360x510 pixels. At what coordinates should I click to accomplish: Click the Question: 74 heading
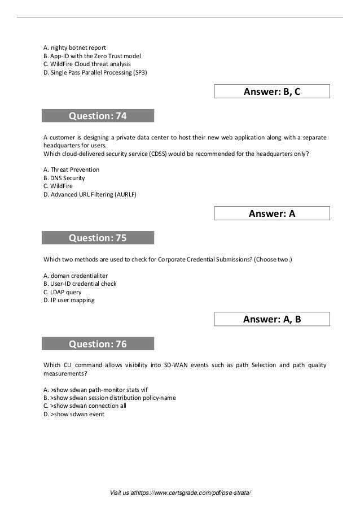click(98, 116)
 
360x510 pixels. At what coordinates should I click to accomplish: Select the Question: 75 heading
click(98, 238)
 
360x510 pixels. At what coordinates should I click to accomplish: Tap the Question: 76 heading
click(98, 344)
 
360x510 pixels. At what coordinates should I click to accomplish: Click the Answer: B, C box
click(272, 91)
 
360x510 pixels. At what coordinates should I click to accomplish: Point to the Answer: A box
click(272, 213)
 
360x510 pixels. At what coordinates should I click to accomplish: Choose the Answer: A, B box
click(272, 319)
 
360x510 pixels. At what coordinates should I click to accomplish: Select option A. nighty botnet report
click(74, 47)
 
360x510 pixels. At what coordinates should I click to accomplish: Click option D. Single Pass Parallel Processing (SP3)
click(95, 72)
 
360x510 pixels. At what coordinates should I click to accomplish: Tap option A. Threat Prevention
click(71, 169)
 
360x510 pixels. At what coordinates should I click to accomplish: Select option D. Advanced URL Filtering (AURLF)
click(90, 194)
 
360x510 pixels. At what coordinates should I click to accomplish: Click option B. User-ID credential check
click(80, 284)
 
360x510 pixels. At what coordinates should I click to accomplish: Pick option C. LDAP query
click(62, 292)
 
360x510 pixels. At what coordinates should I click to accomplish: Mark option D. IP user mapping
click(69, 300)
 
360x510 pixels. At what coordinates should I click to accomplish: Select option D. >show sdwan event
click(73, 414)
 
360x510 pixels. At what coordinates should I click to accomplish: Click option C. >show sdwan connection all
click(85, 406)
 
